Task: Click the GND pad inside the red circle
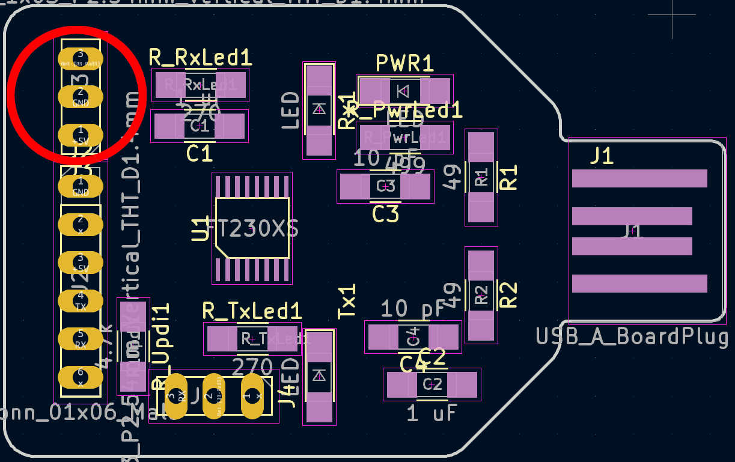pyautogui.click(x=81, y=97)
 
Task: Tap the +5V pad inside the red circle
pyautogui.click(x=81, y=135)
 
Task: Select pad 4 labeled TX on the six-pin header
pyautogui.click(x=81, y=300)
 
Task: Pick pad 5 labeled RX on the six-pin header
pyautogui.click(x=81, y=339)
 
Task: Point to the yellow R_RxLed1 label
pyautogui.click(x=200, y=58)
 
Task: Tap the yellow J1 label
pyautogui.click(x=601, y=156)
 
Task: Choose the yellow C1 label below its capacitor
pyautogui.click(x=200, y=154)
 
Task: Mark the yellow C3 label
pyautogui.click(x=385, y=214)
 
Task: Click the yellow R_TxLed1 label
pyautogui.click(x=252, y=311)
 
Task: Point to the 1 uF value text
pyautogui.click(x=432, y=413)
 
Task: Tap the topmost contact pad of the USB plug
pyautogui.click(x=639, y=178)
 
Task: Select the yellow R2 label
pyautogui.click(x=508, y=294)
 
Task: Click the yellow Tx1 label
pyautogui.click(x=347, y=302)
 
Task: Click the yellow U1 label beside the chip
pyautogui.click(x=201, y=229)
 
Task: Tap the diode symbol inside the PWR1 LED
pyautogui.click(x=403, y=91)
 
